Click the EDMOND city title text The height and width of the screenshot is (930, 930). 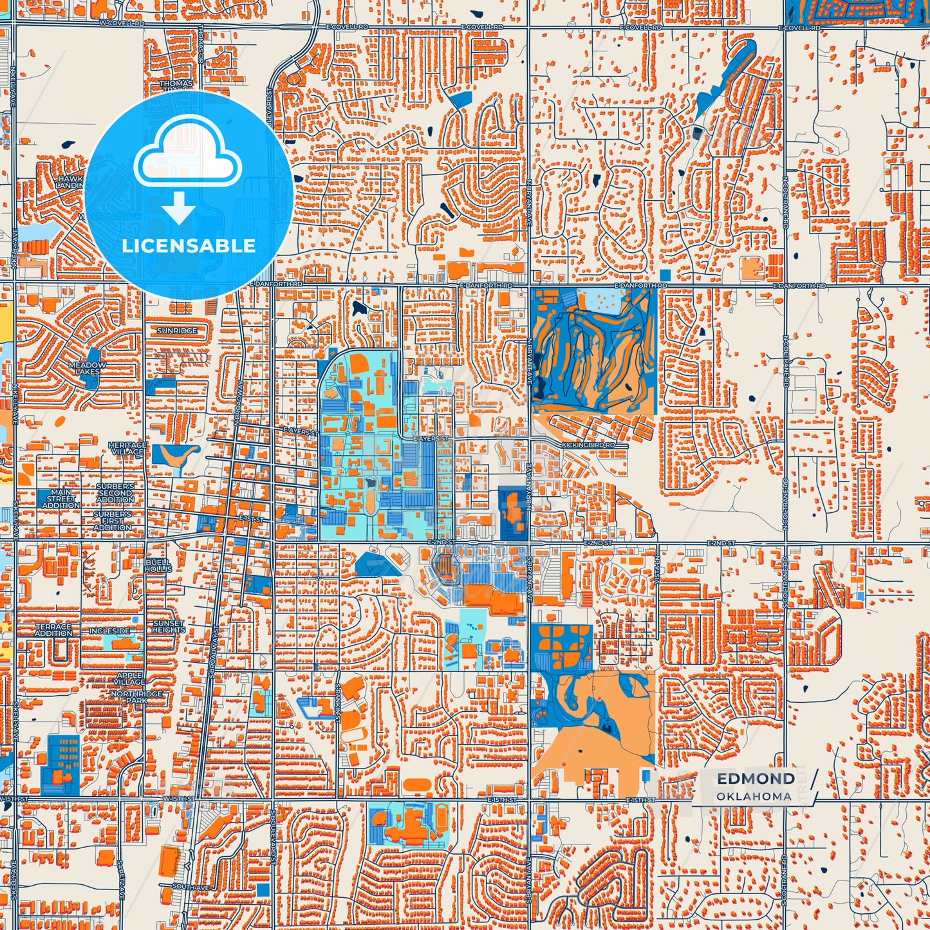[x=756, y=779]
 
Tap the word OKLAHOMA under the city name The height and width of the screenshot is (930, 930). [x=754, y=796]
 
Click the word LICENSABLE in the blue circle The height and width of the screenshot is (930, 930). [x=189, y=246]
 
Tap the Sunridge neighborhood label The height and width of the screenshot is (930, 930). [x=177, y=331]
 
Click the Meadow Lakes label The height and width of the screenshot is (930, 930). [x=88, y=368]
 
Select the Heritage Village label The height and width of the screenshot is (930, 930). [x=127, y=449]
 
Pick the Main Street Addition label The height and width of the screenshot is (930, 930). [x=61, y=499]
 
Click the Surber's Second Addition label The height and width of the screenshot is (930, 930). [x=115, y=493]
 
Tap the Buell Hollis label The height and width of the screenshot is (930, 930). [x=158, y=566]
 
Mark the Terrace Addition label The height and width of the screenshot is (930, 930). [x=53, y=630]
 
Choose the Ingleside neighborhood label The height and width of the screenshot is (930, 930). [x=109, y=631]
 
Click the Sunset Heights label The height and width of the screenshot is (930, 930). [x=169, y=627]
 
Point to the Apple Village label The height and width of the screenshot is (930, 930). [x=130, y=679]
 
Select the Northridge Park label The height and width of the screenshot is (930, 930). [x=136, y=698]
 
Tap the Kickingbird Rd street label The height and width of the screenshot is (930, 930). [x=588, y=445]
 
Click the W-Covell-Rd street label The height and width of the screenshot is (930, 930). [x=122, y=23]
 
